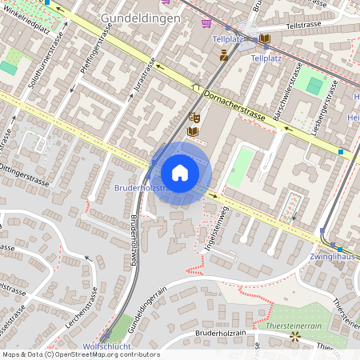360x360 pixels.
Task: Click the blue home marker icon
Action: coord(180,173)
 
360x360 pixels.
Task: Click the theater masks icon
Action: coord(194,118)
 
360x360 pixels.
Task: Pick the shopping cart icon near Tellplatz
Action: coord(206,23)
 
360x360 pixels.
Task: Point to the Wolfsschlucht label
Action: coord(106,346)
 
